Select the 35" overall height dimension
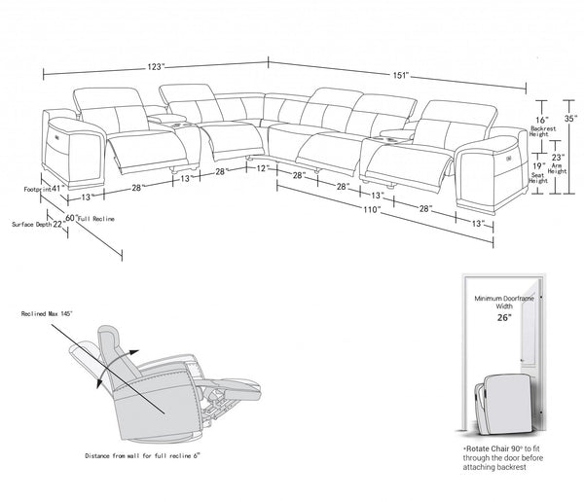click(570, 118)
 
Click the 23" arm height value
click(558, 156)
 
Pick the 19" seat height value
click(538, 166)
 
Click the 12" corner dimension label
click(262, 168)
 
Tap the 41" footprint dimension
click(56, 188)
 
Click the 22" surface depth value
click(57, 224)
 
